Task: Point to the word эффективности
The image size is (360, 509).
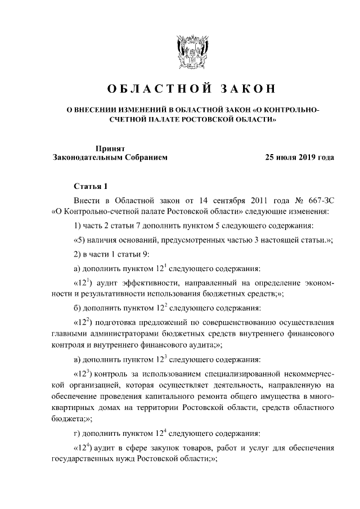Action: [147, 281]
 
